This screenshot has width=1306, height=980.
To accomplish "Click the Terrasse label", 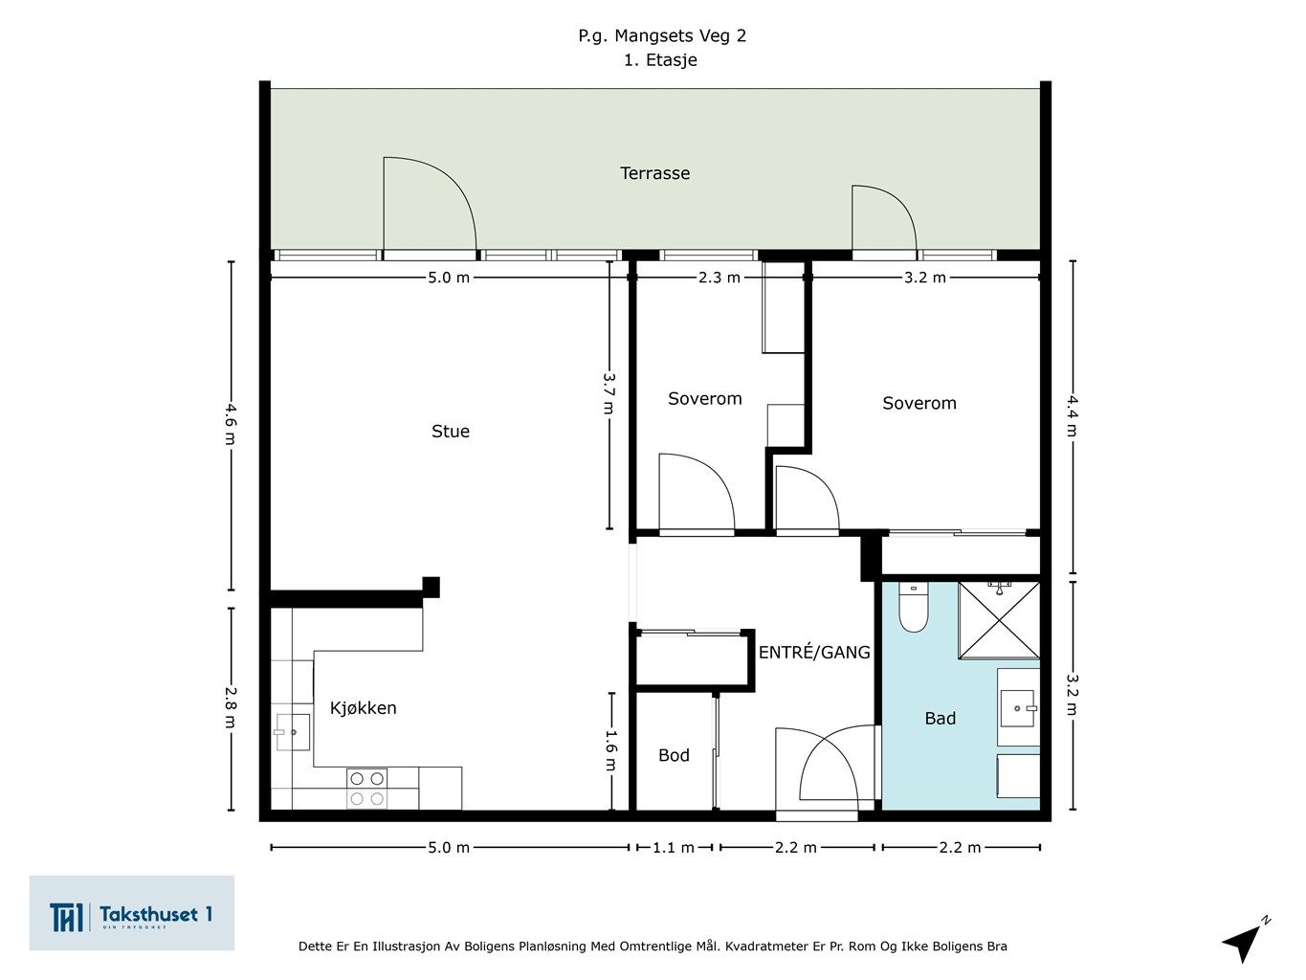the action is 655,173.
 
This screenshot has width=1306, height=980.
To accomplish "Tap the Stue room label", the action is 451,431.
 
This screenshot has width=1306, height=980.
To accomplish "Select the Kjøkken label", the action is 363,707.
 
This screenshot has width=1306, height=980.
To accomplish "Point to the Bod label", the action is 674,755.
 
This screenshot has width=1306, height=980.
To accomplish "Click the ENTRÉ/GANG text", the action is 814,652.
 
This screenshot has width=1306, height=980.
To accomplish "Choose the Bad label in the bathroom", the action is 941,718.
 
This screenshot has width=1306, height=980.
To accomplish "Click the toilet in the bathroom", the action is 914,607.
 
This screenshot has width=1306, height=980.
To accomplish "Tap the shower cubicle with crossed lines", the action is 999,620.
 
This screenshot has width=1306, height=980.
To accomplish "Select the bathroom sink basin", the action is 1019,708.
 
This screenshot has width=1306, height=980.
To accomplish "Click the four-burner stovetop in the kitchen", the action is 366,789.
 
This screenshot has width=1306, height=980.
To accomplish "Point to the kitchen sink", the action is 292,732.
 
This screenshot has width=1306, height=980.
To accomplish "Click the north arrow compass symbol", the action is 1247,940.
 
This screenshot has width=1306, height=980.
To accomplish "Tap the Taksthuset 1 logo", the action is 131,913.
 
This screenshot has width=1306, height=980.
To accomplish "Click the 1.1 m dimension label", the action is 674,847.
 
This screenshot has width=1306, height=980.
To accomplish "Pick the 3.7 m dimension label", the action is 609,392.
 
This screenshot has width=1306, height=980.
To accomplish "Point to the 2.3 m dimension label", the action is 719,278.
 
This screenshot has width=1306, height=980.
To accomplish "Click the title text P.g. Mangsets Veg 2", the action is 662,35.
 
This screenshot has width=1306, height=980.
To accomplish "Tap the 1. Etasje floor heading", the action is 660,60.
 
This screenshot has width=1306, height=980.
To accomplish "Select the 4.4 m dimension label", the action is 1072,416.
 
